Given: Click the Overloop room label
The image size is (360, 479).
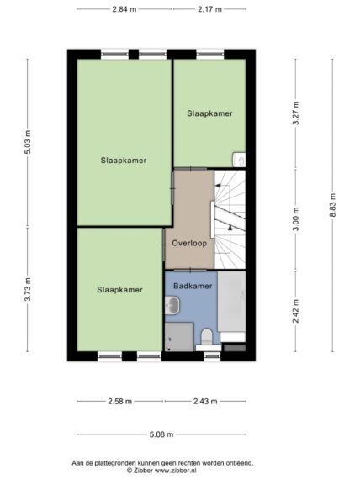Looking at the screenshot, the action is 189,243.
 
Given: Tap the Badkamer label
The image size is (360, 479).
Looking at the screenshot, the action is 193,286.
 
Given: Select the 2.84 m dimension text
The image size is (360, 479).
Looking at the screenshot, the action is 124,9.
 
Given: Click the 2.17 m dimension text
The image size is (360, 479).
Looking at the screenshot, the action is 209,9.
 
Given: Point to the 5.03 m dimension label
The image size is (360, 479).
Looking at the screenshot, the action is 28,142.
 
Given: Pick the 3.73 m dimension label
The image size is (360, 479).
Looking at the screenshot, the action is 28,289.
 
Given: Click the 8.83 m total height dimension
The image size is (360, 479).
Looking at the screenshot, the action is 332,205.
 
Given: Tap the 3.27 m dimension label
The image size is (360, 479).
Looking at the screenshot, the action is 295,113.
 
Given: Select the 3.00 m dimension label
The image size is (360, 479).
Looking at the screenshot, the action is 295,219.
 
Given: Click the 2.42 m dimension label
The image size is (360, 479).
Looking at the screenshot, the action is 295,311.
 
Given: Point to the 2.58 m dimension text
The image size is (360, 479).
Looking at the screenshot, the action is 120,401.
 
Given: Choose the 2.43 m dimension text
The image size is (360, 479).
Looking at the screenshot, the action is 205,401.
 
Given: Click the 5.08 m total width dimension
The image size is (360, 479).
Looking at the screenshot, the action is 161,434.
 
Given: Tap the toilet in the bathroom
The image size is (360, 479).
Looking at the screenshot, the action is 207,337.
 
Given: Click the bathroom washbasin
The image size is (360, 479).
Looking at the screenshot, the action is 172,305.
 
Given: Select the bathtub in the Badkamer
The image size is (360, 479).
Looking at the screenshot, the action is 231,302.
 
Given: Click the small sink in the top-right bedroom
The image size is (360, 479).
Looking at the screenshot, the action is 239,160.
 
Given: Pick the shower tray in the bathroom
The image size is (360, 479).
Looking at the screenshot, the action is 179,337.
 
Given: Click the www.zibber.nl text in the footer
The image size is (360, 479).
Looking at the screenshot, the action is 176,471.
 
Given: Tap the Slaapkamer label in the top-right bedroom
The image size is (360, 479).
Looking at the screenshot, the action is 209,113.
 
